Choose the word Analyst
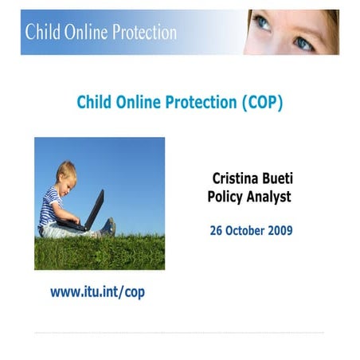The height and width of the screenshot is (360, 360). (x=270, y=196)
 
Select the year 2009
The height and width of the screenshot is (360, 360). (x=280, y=231)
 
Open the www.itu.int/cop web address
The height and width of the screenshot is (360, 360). (x=97, y=292)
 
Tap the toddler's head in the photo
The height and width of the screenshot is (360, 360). (x=66, y=173)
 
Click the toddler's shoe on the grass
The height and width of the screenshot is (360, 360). (x=108, y=228)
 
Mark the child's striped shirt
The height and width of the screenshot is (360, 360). (x=51, y=204)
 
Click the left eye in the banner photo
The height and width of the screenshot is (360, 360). (x=264, y=22)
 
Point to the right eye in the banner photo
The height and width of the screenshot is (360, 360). (x=304, y=42)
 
